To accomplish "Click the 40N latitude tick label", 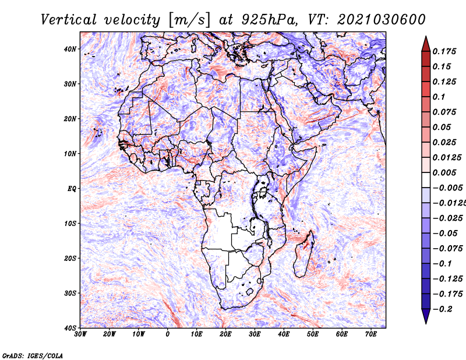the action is pyautogui.click(x=70, y=49).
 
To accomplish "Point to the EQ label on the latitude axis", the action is pyautogui.click(x=72, y=189).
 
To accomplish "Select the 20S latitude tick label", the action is pyautogui.click(x=70, y=258).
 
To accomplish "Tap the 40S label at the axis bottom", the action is pyautogui.click(x=70, y=328).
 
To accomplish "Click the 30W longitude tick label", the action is pyautogui.click(x=80, y=334).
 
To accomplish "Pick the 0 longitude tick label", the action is pyautogui.click(x=168, y=334).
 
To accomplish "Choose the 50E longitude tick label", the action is pyautogui.click(x=313, y=334).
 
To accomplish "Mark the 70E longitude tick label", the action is pyautogui.click(x=371, y=334).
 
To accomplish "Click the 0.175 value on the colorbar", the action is pyautogui.click(x=444, y=51).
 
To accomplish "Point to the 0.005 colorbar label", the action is pyautogui.click(x=444, y=172).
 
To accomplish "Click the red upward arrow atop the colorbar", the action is pyautogui.click(x=426, y=44).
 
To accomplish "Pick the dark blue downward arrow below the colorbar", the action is pyautogui.click(x=426, y=316).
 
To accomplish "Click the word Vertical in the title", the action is pyautogui.click(x=69, y=20).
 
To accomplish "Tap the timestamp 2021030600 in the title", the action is pyautogui.click(x=382, y=20).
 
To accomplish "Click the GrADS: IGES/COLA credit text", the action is pyautogui.click(x=33, y=355).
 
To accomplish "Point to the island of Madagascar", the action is pyautogui.click(x=303, y=254).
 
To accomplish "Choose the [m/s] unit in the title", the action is pyautogui.click(x=189, y=20).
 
